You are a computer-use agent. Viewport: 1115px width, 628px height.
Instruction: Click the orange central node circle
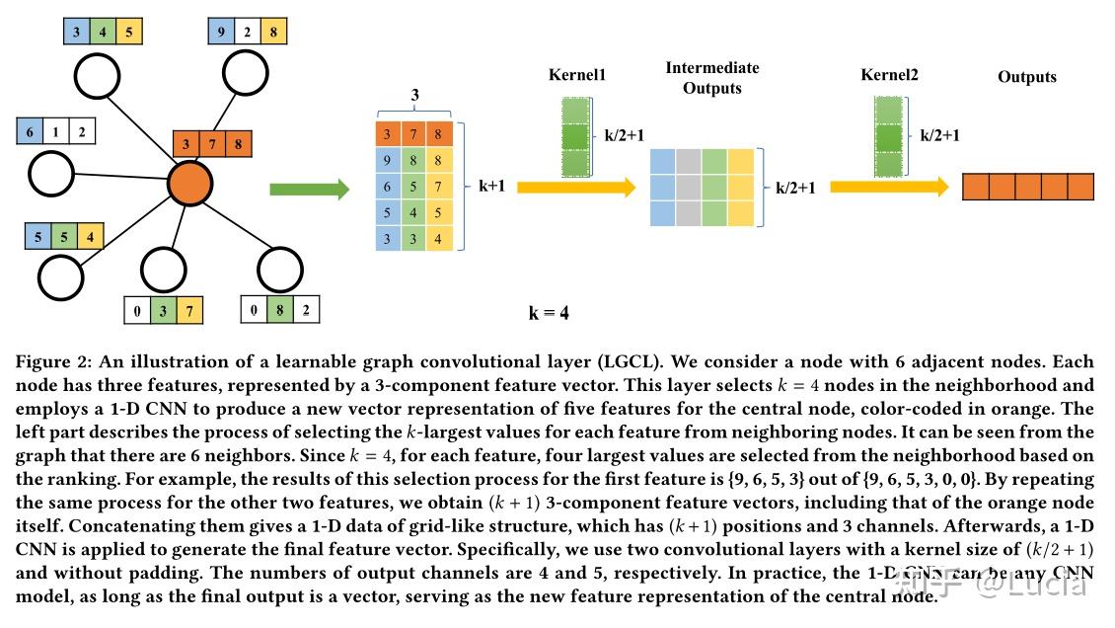[x=190, y=185]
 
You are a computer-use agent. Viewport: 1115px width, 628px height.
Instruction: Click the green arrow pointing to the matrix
[x=309, y=188]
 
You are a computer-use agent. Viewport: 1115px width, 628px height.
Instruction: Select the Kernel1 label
[x=577, y=76]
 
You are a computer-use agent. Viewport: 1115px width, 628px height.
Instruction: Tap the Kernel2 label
[x=889, y=76]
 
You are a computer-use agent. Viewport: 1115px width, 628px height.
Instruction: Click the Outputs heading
[x=1026, y=77]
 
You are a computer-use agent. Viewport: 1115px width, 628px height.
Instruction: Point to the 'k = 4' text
[x=549, y=313]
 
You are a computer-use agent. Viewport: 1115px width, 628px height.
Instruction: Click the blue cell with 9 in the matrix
[x=388, y=160]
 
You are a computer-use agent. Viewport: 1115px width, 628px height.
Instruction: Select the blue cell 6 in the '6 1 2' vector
[x=30, y=131]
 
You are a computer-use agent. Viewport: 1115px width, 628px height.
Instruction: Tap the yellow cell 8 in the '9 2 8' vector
[x=272, y=32]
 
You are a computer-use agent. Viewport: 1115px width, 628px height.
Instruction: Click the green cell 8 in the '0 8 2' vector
[x=280, y=309]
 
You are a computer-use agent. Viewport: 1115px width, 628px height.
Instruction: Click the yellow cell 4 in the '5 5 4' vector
[x=91, y=237]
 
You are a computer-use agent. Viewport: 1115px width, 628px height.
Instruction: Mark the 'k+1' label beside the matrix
[x=491, y=185]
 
